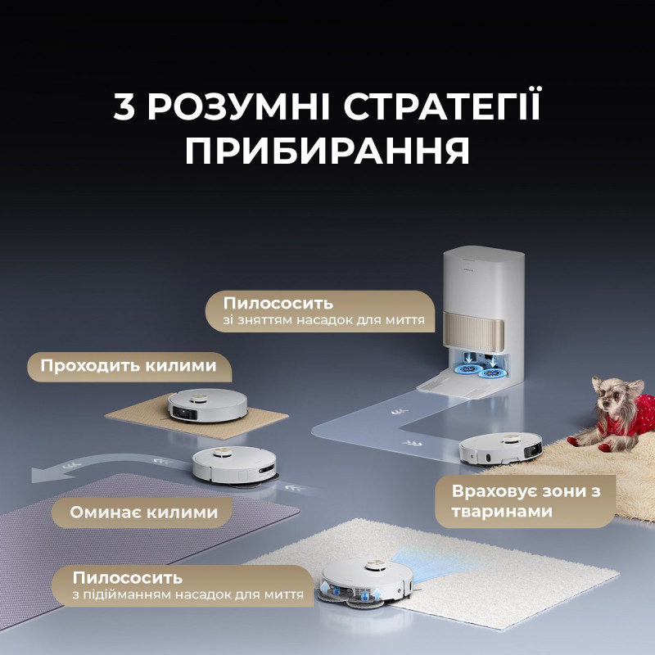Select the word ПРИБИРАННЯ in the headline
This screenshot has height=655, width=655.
327,151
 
